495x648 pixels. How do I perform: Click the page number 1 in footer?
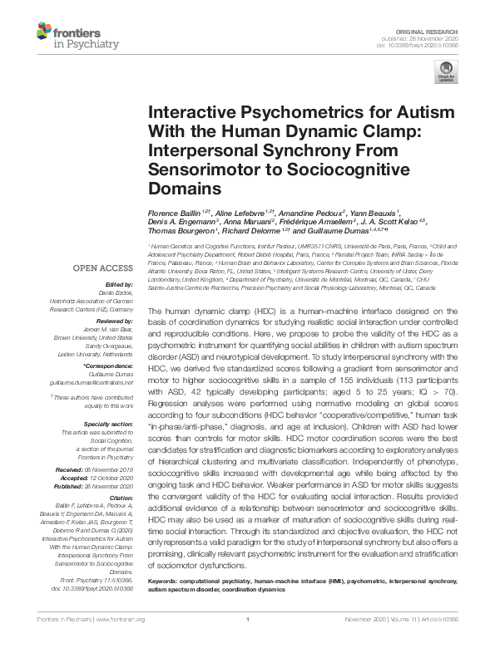click(x=247, y=642)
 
